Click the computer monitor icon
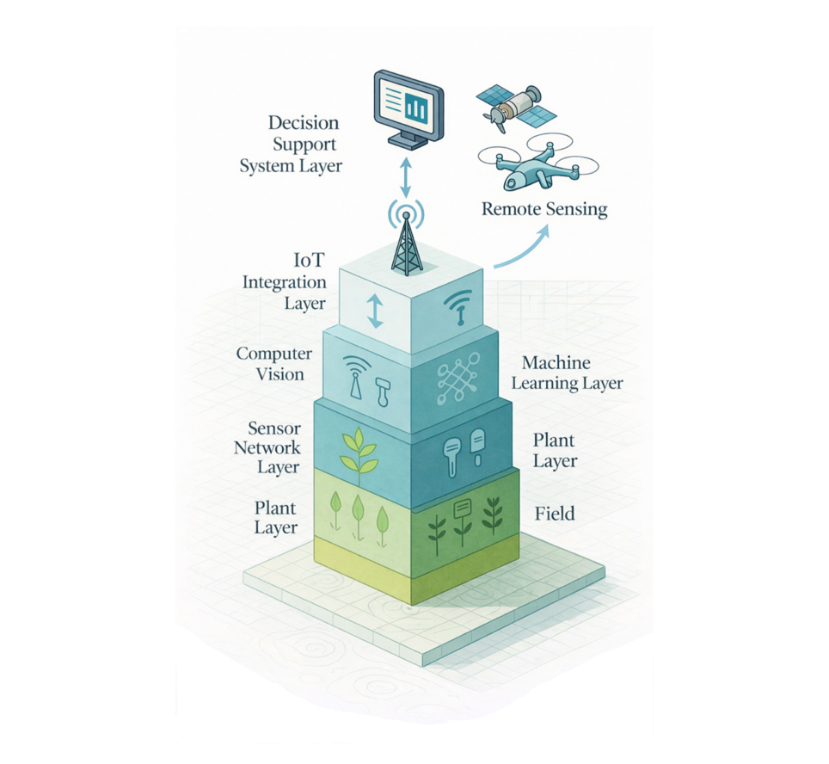coord(408,108)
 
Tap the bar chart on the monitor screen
coord(416,108)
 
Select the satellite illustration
coord(515,107)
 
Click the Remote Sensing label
coord(544,208)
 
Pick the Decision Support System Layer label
coord(291,144)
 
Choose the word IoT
coord(309,261)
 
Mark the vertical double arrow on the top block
coord(374,311)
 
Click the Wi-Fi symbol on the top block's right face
coord(457,305)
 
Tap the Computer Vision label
coord(273,363)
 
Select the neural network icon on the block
coord(457,379)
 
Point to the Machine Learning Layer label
coord(567,373)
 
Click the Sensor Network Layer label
coord(267,447)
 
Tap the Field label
coord(555,514)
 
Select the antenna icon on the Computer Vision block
coord(355,377)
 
